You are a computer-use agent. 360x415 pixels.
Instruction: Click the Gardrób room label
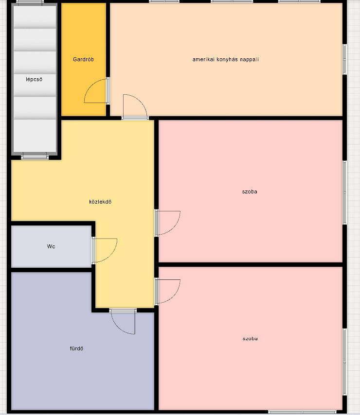pos(83,59)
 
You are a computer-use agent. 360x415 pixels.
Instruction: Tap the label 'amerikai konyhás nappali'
pos(225,60)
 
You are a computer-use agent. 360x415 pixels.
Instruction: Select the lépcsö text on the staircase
pos(34,79)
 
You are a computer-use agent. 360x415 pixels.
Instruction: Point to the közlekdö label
pos(100,202)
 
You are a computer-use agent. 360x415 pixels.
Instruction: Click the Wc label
pos(51,246)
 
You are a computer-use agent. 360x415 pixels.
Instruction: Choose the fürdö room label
pos(76,348)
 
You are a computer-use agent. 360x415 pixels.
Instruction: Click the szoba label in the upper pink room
pos(250,191)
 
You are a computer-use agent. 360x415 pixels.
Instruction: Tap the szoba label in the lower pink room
pos(250,339)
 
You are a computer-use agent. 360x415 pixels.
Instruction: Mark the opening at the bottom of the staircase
pos(35,156)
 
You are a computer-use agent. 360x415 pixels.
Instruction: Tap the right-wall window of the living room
pos(345,59)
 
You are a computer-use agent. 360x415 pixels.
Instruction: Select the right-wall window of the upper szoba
pos(345,192)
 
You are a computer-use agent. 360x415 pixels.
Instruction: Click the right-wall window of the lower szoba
pos(345,362)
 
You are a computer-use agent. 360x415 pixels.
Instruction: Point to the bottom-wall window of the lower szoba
pos(302,412)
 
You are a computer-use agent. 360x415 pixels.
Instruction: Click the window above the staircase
pos(30,2)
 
